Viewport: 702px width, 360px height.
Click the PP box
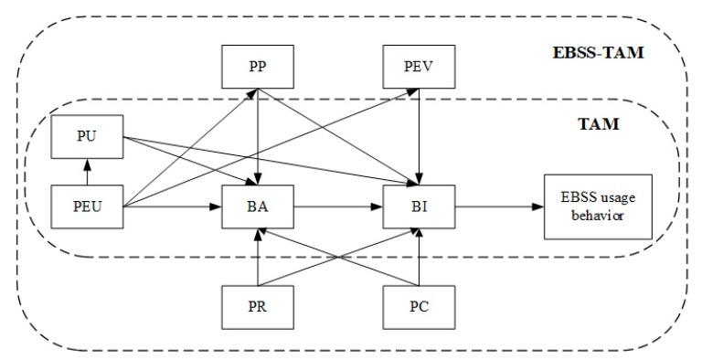pyautogui.click(x=258, y=67)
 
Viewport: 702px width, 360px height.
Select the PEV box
pyautogui.click(x=419, y=67)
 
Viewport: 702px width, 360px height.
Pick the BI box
pyautogui.click(x=419, y=206)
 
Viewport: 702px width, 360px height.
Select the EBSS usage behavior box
pyautogui.click(x=598, y=206)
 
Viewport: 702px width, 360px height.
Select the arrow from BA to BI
pyautogui.click(x=338, y=206)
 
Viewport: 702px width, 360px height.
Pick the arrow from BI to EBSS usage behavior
pyautogui.click(x=497, y=206)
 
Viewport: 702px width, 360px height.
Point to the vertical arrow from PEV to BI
pyautogui.click(x=419, y=137)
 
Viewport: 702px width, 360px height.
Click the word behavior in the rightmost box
pyautogui.click(x=598, y=216)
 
